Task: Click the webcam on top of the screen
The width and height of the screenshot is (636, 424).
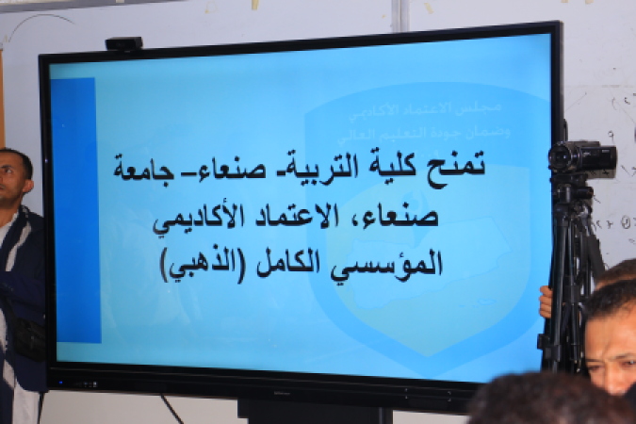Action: pos(123,44)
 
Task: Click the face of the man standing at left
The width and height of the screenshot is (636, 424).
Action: pos(13,178)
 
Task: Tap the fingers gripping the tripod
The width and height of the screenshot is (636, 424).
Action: pos(546,301)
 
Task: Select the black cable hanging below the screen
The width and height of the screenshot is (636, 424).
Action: pos(171,409)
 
